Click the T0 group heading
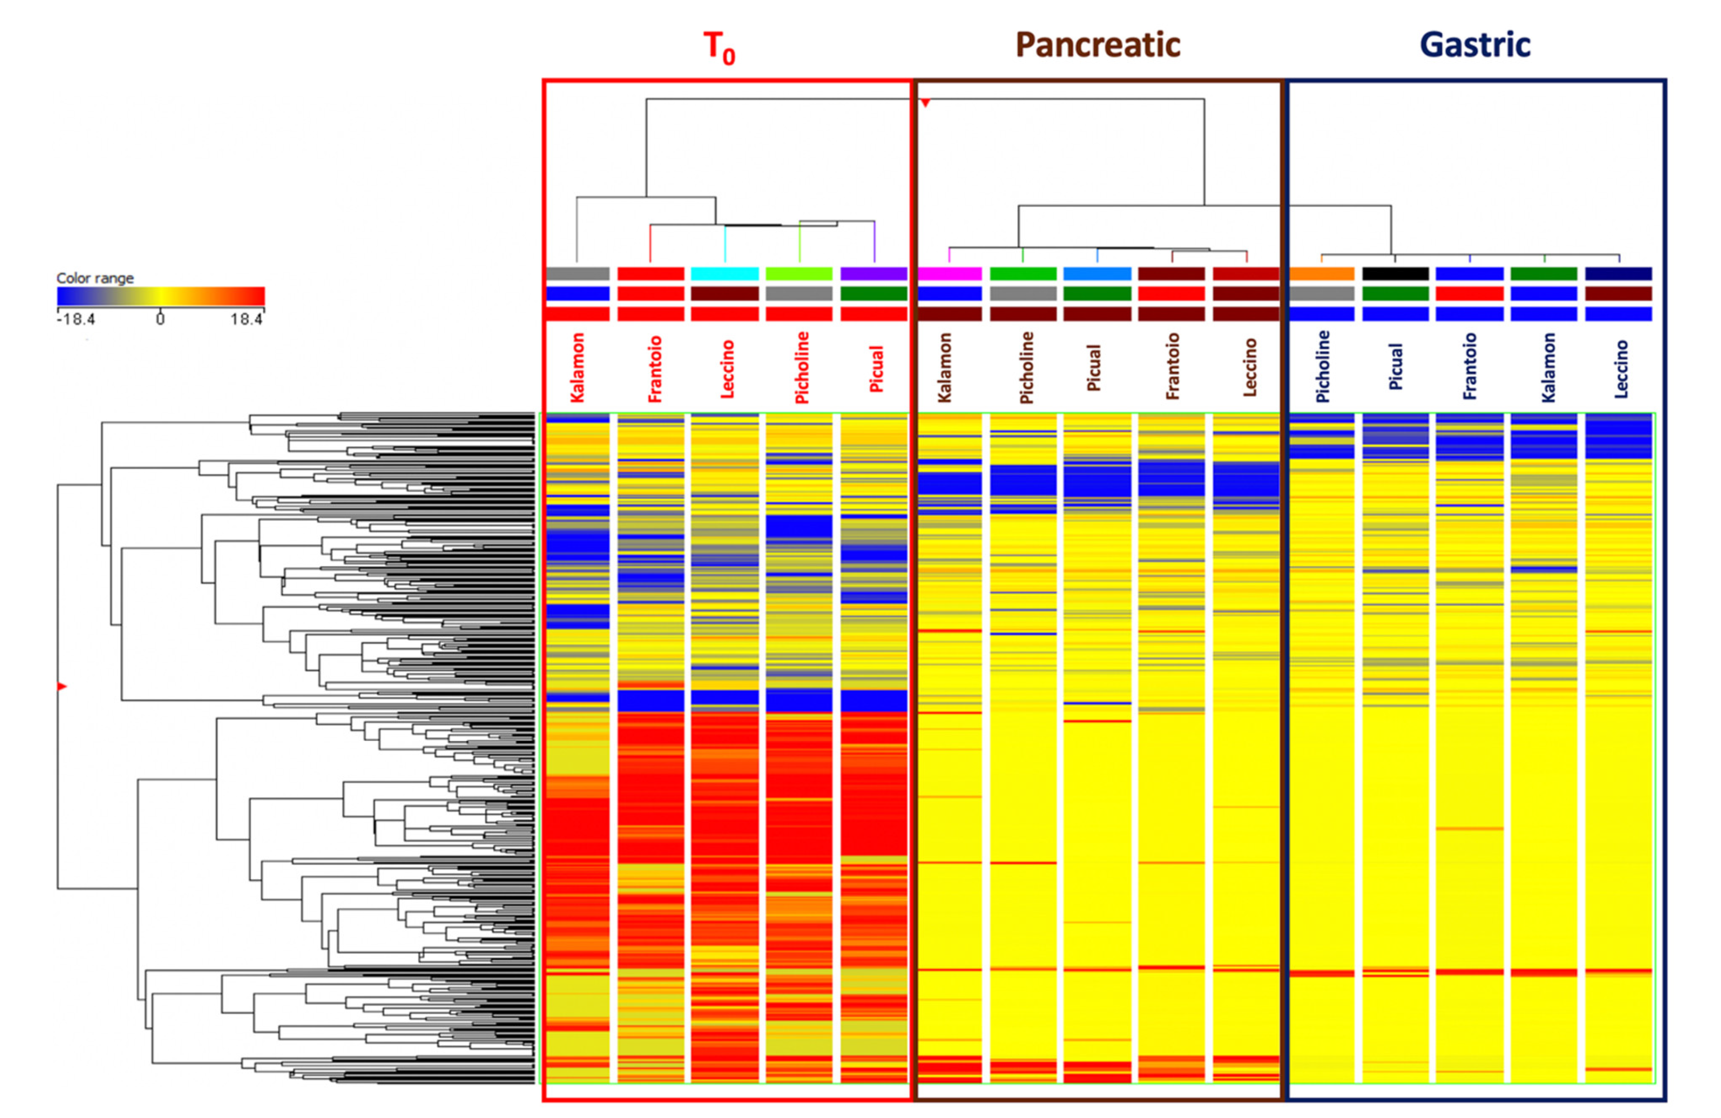pos(719,47)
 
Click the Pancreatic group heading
pos(1098,45)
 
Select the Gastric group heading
pos(1475,45)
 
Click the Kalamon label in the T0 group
pos(577,367)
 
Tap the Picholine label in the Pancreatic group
pos(1025,367)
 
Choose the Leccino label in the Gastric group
pos(1621,369)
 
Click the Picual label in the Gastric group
pos(1396,367)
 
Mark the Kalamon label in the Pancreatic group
pos(944,367)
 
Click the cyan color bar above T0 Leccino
pos(725,274)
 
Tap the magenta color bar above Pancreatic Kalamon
pos(950,274)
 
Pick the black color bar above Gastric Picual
pos(1395,274)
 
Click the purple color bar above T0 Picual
pos(874,274)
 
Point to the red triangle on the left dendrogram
pos(62,686)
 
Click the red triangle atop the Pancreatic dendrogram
pos(925,103)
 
